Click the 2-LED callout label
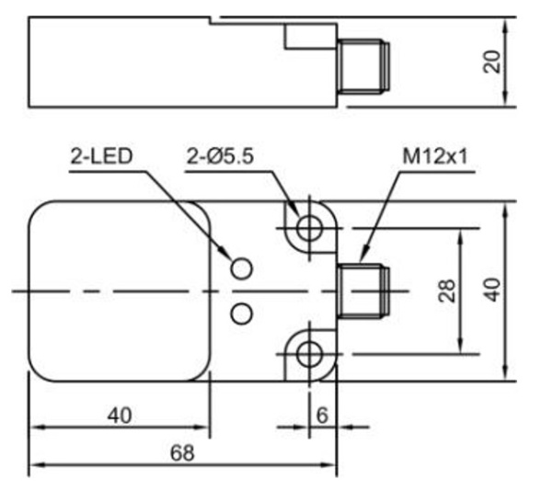[101, 156]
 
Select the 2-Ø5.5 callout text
[220, 156]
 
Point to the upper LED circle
[241, 268]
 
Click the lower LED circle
[241, 314]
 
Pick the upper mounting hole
[309, 226]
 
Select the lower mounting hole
[309, 353]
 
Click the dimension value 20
[494, 62]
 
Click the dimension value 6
[322, 415]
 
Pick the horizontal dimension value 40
[120, 416]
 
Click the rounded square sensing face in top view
[120, 291]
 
